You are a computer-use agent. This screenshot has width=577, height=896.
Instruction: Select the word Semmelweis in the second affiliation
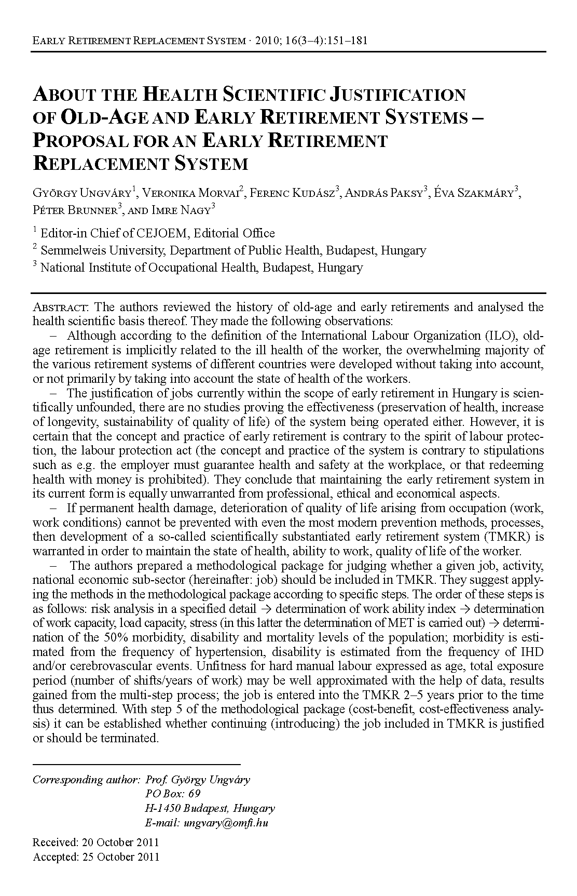(x=68, y=250)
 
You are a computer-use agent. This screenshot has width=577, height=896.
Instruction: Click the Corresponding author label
(x=86, y=780)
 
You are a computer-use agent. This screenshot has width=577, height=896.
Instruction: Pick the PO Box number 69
(x=194, y=794)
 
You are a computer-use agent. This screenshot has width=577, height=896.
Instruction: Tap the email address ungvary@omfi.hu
(x=226, y=823)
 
